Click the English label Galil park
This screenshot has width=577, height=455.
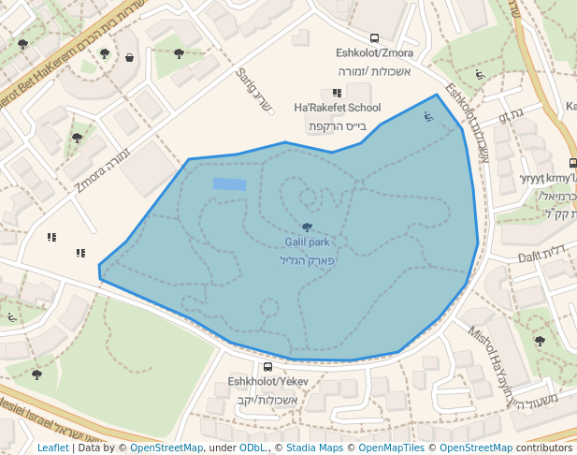point(307,242)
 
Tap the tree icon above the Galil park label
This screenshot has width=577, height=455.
point(307,227)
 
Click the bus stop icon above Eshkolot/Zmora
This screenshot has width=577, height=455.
point(374,39)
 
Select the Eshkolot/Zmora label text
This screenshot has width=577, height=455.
point(374,53)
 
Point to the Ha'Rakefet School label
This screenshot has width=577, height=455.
point(337,108)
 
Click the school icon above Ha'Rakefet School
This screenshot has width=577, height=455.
point(337,93)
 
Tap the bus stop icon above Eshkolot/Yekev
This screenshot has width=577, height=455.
point(267,367)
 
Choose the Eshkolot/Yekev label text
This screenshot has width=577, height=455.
point(267,382)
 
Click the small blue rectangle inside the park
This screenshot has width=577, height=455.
point(229,184)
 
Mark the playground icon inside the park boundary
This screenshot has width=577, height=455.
point(427,117)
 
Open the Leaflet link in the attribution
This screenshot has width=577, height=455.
point(52,448)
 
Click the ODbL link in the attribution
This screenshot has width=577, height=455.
point(252,448)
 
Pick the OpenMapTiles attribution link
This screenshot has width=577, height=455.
point(392,448)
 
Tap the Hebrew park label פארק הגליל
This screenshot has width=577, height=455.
point(307,259)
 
